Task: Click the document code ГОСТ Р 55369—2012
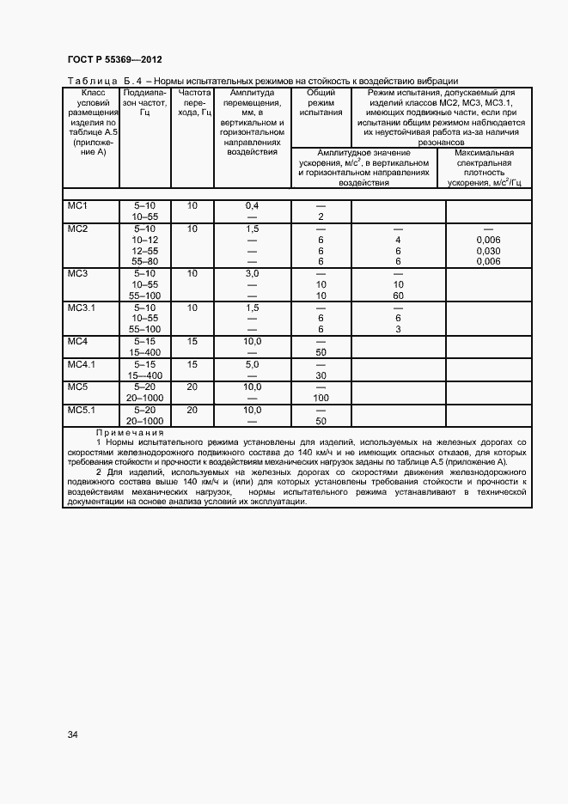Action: point(113,59)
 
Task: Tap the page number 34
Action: point(73,734)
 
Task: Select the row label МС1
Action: point(78,206)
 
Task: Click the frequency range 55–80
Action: point(144,261)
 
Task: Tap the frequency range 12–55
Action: point(144,251)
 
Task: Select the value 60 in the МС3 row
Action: point(398,295)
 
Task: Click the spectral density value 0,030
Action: point(487,251)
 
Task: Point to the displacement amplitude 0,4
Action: point(253,206)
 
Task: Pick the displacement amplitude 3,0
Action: point(253,273)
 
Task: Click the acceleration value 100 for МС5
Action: point(321,398)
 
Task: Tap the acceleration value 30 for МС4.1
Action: point(321,375)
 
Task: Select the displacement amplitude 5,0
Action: point(253,364)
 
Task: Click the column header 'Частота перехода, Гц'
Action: point(191,101)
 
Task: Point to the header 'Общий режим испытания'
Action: point(321,101)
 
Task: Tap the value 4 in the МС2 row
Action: point(398,240)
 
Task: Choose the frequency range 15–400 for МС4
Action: point(144,352)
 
